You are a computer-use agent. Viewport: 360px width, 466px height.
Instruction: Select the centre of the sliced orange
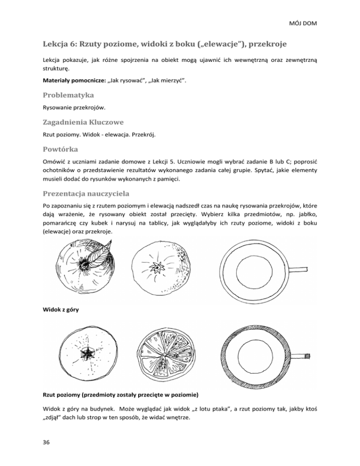pos(168,356)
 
